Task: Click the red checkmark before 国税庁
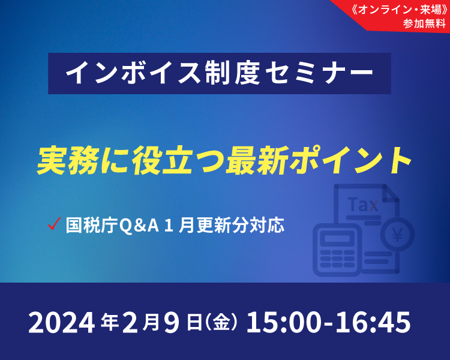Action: (x=54, y=224)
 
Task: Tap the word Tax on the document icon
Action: (x=363, y=205)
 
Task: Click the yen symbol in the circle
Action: (x=397, y=235)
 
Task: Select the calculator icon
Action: (x=337, y=250)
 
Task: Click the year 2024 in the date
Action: (x=61, y=323)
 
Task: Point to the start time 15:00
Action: (x=283, y=323)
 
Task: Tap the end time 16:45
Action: (x=374, y=323)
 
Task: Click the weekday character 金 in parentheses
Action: (x=222, y=323)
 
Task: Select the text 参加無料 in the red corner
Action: (x=424, y=23)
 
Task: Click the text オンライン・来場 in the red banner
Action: (x=400, y=10)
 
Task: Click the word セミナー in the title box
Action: (x=319, y=73)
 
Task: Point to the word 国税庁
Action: (x=92, y=226)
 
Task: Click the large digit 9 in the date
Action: (x=172, y=323)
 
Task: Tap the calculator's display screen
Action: (x=337, y=239)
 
